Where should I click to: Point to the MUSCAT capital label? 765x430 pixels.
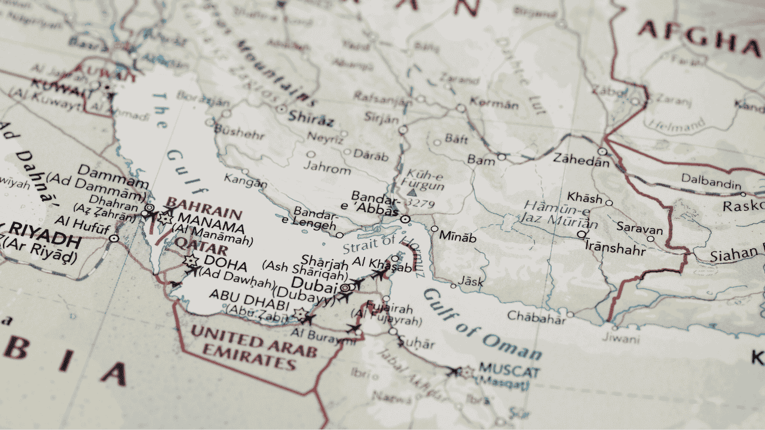[x=509, y=371]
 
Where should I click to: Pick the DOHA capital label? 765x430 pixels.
[x=225, y=261]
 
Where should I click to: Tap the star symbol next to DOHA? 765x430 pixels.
[x=191, y=261]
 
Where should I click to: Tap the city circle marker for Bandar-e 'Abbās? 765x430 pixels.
[x=405, y=220]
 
